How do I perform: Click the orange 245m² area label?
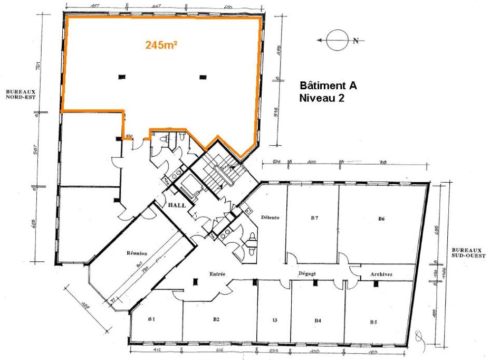161,45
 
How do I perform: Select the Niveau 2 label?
322,98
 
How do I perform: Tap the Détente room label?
269,217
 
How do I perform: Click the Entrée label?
217,274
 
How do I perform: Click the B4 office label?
318,320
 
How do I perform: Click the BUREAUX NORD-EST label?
21,94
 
